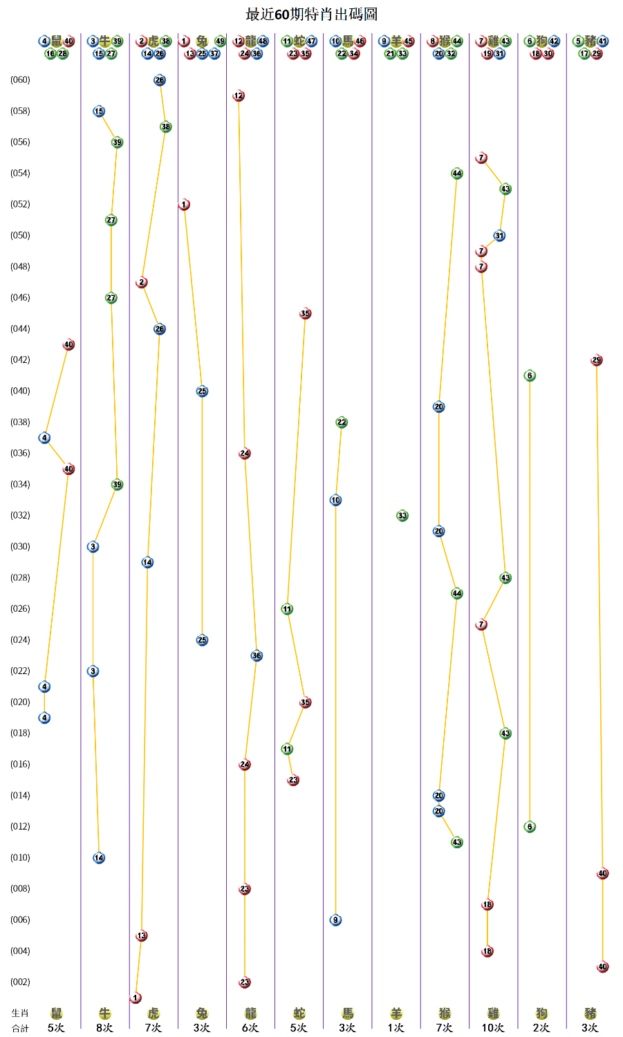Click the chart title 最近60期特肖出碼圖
tap(311, 15)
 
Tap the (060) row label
tap(20, 80)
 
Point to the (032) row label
tap(20, 516)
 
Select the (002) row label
tap(20, 982)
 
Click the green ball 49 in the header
tap(221, 41)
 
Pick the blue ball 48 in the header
tap(263, 41)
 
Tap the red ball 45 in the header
tap(409, 41)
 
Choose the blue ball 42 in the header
tap(554, 41)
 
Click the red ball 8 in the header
tap(433, 41)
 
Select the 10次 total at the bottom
tap(493, 1028)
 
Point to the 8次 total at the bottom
tap(105, 1028)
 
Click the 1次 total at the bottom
tap(396, 1028)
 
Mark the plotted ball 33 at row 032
tap(402, 516)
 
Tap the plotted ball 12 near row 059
tap(239, 96)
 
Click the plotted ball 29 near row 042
tap(597, 360)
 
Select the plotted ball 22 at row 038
tap(342, 422)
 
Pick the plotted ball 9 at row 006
tap(335, 920)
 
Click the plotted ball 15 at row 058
tap(99, 111)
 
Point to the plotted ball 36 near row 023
tap(257, 656)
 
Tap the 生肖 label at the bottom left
tap(20, 1013)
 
